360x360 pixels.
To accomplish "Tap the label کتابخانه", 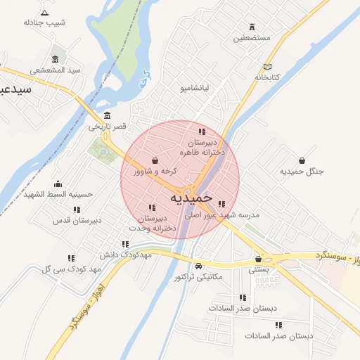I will pos(267,76).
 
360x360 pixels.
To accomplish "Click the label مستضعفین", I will pos(252,37).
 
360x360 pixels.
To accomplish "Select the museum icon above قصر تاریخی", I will pos(107,115).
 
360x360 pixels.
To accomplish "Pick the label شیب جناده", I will pos(44,22).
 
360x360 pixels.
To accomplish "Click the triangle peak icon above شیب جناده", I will pos(45,12).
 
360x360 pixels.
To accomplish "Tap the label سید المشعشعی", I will pos(56,70).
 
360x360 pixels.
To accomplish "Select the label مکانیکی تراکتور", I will pos(198,277).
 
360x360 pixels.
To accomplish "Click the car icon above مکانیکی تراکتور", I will pos(200,266).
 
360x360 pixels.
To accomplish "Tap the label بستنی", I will pos(258,269).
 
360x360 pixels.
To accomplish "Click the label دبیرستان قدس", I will pos(77,220).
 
